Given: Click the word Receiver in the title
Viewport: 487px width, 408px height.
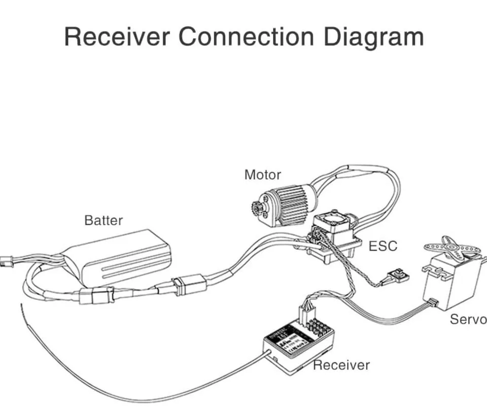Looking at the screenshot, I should (117, 38).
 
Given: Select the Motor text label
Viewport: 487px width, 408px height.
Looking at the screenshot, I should (262, 175).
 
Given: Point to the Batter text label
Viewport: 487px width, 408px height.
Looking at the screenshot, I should (103, 220).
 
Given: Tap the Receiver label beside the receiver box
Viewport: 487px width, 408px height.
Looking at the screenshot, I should (341, 365).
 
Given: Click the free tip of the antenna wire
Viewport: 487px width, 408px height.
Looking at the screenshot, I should (21, 305).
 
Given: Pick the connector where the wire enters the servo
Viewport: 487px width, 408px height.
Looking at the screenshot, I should (432, 303).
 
